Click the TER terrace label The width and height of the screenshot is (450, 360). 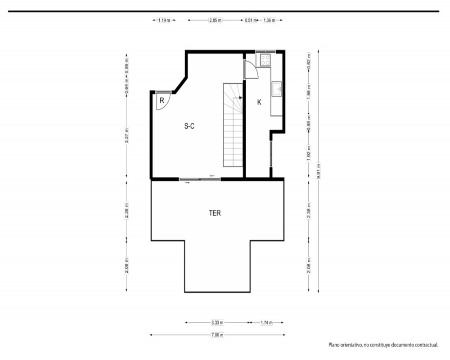(x=215, y=213)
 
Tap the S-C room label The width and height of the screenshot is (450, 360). (x=189, y=126)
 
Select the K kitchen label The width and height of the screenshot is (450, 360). (x=259, y=102)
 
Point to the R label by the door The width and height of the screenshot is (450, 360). (x=162, y=100)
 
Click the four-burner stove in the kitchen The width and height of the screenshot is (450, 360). (x=265, y=60)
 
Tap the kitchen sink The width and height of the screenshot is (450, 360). (x=277, y=89)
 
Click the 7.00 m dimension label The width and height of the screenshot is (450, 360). (x=217, y=335)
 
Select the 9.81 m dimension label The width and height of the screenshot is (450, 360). (x=318, y=171)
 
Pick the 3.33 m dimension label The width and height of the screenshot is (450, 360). (x=217, y=322)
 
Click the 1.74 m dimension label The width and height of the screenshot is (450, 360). (x=266, y=322)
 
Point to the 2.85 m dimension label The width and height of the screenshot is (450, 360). (x=215, y=20)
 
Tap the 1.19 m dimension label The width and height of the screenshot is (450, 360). (x=164, y=20)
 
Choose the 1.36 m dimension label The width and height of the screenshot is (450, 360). (x=269, y=20)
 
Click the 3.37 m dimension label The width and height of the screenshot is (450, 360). (x=126, y=136)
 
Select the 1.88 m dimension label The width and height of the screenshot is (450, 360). (x=309, y=92)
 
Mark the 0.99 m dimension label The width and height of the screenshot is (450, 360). (x=126, y=66)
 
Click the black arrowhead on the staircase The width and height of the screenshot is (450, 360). (x=240, y=98)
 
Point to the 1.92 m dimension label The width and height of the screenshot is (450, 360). (x=309, y=153)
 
